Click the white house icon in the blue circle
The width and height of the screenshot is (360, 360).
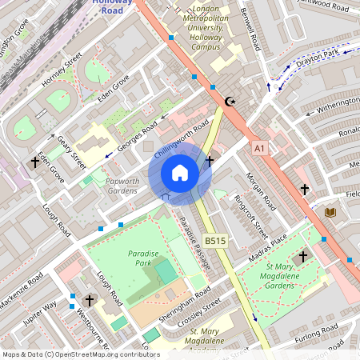pos(180,173)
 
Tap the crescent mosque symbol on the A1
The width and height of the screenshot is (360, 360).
pos(231,102)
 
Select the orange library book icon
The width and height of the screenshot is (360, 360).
pos(329,212)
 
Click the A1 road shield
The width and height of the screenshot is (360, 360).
pos(258,148)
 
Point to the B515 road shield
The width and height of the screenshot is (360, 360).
pos(214,240)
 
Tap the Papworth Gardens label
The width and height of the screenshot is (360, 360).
pos(122,186)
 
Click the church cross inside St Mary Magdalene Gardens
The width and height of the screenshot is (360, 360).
pos(302,257)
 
